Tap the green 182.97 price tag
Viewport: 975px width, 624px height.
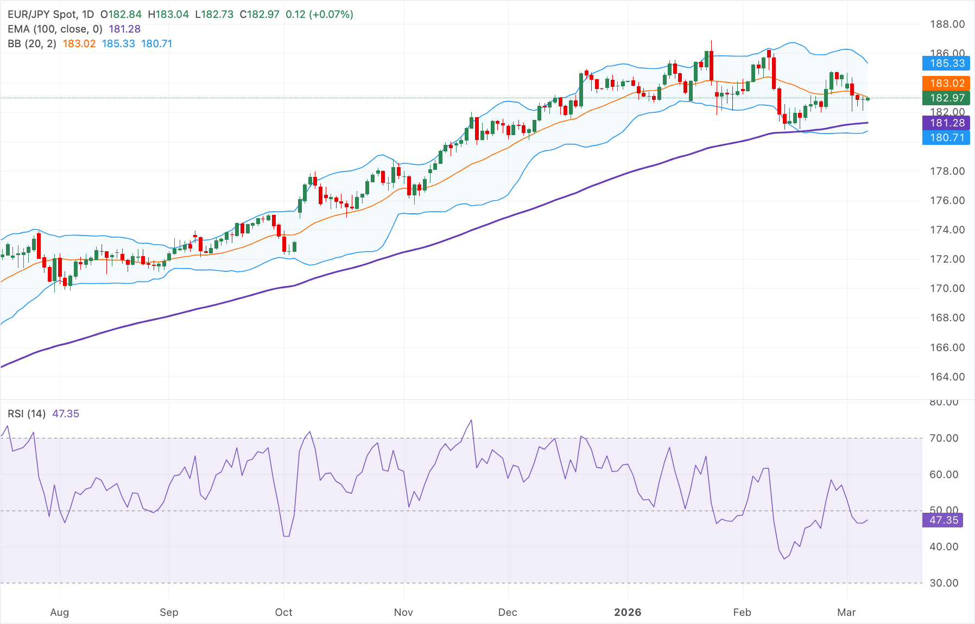point(947,98)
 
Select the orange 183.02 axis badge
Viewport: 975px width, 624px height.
point(947,84)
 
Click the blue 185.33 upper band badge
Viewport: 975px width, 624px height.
point(947,63)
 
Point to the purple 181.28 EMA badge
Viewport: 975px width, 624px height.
point(947,123)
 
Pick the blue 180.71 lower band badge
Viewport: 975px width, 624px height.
point(947,138)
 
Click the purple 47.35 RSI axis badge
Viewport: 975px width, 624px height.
point(944,520)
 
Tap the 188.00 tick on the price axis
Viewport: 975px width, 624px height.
point(947,24)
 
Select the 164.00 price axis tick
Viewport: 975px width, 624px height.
point(947,377)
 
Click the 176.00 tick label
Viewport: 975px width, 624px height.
point(947,201)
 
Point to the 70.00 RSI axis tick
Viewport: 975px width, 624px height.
point(944,438)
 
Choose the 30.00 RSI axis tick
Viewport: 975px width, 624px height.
point(944,583)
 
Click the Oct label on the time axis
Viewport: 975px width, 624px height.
point(283,613)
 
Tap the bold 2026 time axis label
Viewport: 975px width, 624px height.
point(628,613)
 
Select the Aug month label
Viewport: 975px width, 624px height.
point(60,613)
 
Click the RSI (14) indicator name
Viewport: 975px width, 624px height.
point(27,414)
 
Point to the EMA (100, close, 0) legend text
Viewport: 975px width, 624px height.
point(55,29)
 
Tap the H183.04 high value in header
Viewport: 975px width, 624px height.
point(168,15)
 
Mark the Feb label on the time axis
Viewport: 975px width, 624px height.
point(742,613)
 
